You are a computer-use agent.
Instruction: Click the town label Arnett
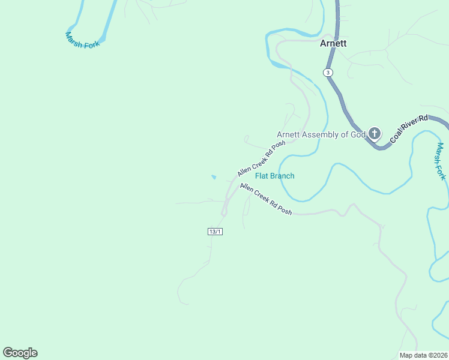coord(333,43)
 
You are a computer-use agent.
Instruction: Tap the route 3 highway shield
coord(327,72)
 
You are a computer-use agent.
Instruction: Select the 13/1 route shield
coord(215,232)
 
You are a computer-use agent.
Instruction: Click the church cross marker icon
coord(375,133)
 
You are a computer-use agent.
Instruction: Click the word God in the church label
coord(358,134)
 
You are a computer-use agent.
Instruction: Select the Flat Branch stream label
coord(275,176)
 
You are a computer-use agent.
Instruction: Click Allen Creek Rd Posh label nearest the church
coord(261,159)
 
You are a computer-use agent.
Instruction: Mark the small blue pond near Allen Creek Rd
coord(214,177)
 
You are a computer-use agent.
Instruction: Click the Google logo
coord(20,353)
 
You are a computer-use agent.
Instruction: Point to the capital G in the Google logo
coord(8,353)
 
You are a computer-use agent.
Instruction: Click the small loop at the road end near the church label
coord(246,140)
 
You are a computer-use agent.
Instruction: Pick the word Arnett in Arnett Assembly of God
coord(289,134)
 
